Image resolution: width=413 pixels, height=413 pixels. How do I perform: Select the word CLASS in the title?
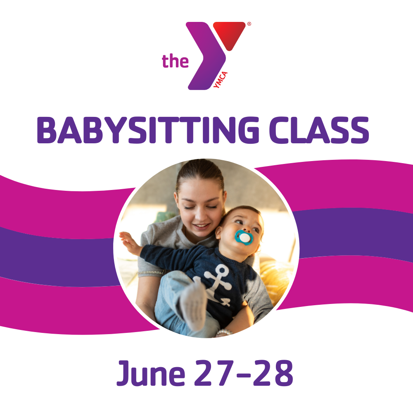[x=319, y=130]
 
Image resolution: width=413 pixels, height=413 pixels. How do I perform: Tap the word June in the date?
[x=151, y=373]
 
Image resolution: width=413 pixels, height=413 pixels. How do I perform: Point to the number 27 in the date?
[x=214, y=373]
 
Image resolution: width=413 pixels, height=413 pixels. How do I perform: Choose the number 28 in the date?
[x=273, y=373]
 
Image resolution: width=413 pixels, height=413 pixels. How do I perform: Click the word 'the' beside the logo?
[x=175, y=61]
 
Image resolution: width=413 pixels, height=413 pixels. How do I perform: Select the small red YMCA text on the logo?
[x=221, y=80]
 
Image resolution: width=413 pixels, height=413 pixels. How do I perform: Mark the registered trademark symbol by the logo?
[x=249, y=24]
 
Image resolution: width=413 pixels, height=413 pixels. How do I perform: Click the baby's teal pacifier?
[x=244, y=237]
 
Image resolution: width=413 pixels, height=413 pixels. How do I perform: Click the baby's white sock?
[x=194, y=305]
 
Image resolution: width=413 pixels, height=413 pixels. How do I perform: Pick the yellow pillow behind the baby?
[x=275, y=279]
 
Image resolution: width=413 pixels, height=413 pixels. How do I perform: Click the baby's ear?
[x=218, y=232]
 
